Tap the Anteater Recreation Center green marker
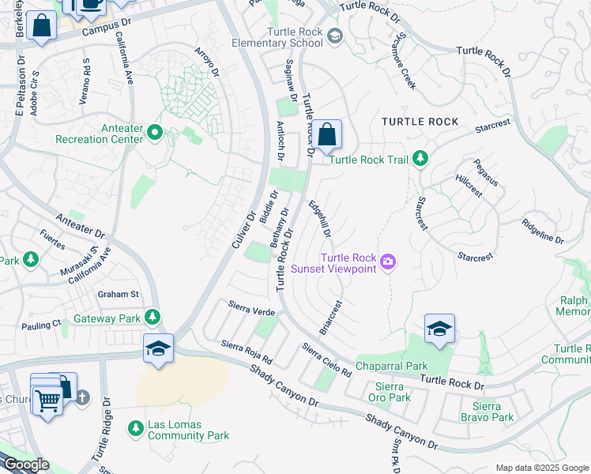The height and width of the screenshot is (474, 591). pos(155,131)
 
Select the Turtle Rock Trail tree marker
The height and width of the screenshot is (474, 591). pos(420,158)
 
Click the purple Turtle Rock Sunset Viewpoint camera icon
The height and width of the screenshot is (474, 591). pos(387,261)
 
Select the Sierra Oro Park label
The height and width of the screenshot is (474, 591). pos(392,392)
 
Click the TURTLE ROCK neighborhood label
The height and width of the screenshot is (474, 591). pos(420,122)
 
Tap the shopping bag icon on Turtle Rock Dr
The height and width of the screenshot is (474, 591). pos(326,135)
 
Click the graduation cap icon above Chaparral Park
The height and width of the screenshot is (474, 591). pos(439,330)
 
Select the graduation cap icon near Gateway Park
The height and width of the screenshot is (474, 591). pos(158,348)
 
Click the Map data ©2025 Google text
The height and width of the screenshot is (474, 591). pos(541,468)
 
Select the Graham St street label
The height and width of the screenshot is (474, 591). pos(119,295)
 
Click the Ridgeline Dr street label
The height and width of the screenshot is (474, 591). pos(542,231)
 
